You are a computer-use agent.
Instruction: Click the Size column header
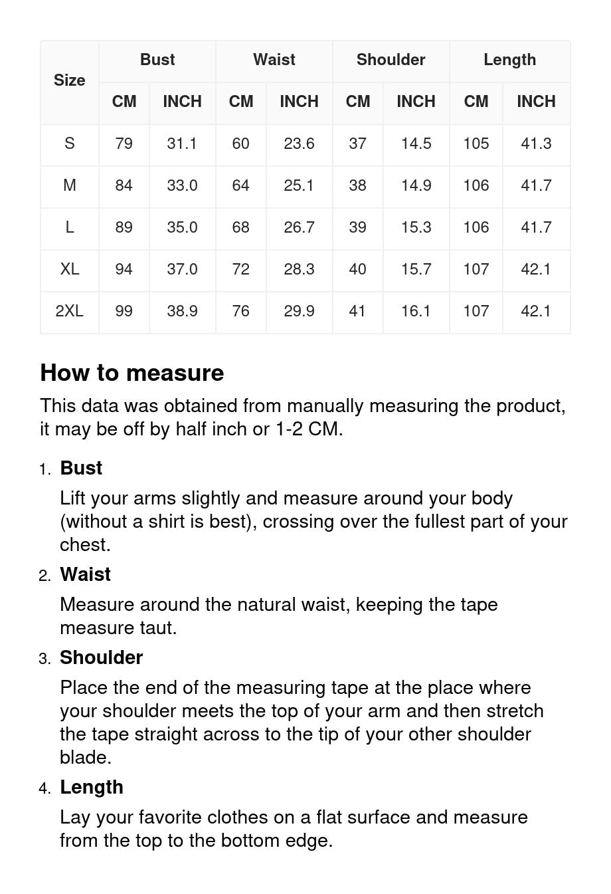click(x=70, y=80)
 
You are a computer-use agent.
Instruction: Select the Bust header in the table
click(x=157, y=60)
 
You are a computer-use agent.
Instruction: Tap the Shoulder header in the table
click(x=391, y=60)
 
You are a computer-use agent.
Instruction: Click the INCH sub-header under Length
click(x=536, y=102)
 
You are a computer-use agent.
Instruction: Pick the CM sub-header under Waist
click(x=241, y=102)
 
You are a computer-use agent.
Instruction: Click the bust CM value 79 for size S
click(x=124, y=144)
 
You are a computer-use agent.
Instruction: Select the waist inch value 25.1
click(x=299, y=185)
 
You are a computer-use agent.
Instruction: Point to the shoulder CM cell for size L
click(x=357, y=227)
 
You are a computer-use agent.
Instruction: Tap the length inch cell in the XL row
click(x=536, y=269)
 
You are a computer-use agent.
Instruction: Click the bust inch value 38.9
click(x=182, y=311)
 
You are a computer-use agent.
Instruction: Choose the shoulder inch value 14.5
click(x=416, y=144)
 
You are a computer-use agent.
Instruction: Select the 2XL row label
click(x=70, y=311)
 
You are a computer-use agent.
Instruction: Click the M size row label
click(x=70, y=185)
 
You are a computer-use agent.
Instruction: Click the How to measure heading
click(x=132, y=373)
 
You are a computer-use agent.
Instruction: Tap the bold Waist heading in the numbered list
click(x=85, y=574)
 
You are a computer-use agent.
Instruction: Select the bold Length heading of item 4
click(x=92, y=787)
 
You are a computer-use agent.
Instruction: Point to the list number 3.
click(x=44, y=659)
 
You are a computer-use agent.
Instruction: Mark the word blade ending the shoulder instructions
click(x=84, y=758)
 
